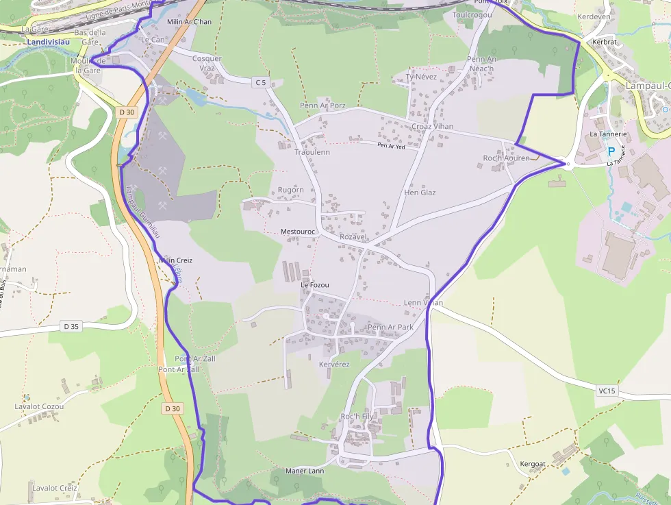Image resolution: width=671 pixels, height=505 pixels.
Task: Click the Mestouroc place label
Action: tap(298, 232)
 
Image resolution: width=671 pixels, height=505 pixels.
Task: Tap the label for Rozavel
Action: tap(354, 237)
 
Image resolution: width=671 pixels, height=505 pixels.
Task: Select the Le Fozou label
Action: tap(315, 285)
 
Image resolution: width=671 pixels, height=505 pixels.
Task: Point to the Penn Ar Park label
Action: tap(390, 328)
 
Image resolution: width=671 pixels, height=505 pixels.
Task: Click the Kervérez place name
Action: tap(334, 365)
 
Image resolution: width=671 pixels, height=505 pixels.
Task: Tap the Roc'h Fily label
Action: tap(357, 417)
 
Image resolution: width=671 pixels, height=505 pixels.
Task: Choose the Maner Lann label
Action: tap(305, 471)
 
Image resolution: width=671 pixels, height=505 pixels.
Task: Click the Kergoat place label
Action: tap(533, 464)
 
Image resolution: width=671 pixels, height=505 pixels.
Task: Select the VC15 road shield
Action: tap(607, 391)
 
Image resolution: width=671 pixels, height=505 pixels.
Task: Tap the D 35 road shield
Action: tap(71, 326)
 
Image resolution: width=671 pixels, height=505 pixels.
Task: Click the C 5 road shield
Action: tap(260, 83)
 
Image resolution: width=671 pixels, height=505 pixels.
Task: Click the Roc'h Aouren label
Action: tap(507, 158)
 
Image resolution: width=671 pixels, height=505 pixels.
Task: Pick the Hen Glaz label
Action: tap(420, 193)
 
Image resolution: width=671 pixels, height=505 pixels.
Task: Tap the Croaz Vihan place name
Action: tap(433, 127)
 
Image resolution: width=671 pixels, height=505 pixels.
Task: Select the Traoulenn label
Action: tap(312, 152)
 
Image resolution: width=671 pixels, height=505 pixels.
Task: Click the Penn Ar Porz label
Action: tap(322, 106)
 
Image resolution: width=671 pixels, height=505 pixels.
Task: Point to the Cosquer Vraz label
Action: tap(207, 63)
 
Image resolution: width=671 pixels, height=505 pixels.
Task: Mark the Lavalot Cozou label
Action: tap(39, 406)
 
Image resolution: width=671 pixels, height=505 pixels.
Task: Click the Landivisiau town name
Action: tap(50, 41)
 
